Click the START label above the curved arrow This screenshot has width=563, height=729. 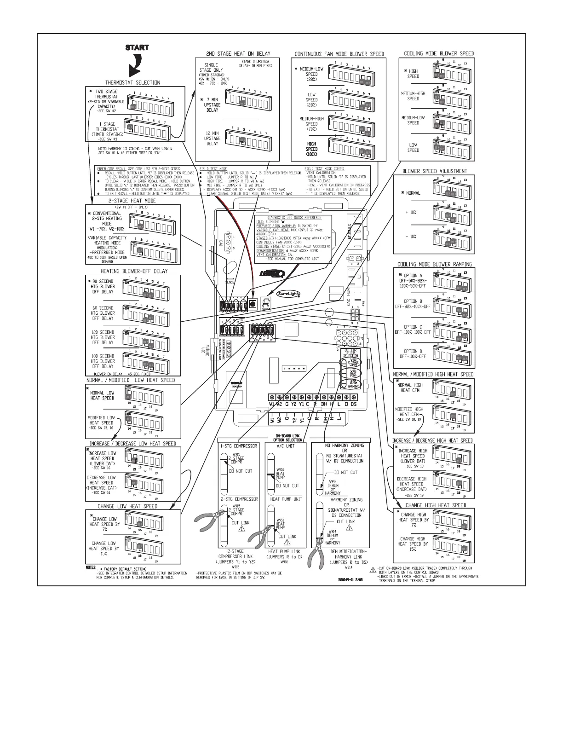[138, 47]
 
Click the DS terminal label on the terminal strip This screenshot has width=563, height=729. [353, 404]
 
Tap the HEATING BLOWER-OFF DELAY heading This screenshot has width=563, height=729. [134, 272]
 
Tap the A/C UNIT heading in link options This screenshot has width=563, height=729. [286, 446]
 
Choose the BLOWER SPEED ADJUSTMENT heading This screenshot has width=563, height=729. [435, 171]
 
